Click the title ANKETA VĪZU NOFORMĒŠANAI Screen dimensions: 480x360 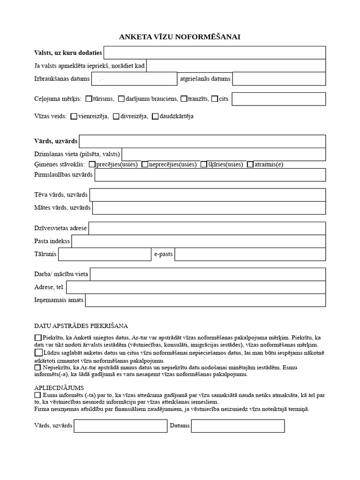[x=180, y=37]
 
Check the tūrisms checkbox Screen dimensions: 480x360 [x=89, y=99]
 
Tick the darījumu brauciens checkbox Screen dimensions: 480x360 [x=121, y=99]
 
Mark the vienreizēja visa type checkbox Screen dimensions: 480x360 [x=74, y=116]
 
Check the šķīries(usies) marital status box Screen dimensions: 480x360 [x=204, y=165]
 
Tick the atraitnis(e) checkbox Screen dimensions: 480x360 [x=250, y=165]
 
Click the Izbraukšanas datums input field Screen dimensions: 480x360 [x=134, y=79]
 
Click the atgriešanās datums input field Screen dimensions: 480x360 [x=279, y=79]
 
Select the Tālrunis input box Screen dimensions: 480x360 [x=105, y=255]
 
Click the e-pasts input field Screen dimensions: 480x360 [x=250, y=255]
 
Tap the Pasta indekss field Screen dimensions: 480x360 [x=198, y=241]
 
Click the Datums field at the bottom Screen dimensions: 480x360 [x=238, y=426]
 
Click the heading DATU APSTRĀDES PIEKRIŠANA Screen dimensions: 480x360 [x=81, y=326]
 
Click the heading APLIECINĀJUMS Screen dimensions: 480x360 [x=60, y=388]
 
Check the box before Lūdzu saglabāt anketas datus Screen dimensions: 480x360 [x=38, y=352]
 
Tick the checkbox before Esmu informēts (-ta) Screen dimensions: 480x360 [x=37, y=395]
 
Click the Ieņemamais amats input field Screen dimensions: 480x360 [x=205, y=300]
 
